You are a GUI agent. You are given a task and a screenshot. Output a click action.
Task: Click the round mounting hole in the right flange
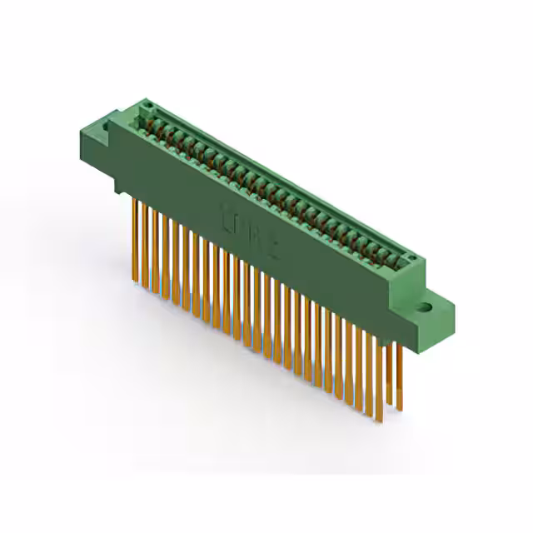point(431,306)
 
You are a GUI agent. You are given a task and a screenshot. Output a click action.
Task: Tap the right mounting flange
point(437,312)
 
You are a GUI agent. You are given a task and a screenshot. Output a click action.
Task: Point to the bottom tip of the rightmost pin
point(399,410)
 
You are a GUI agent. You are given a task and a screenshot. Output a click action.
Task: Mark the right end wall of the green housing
point(416,287)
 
